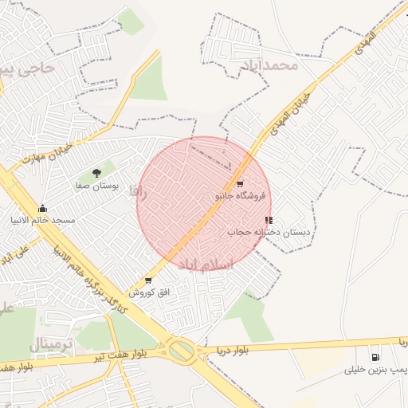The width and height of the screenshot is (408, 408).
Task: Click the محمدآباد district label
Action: point(271,65)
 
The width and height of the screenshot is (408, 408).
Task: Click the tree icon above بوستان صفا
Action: point(96,172)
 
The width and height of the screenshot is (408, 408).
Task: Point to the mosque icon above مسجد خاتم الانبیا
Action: point(42,208)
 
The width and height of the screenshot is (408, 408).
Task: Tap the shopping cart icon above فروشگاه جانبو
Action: point(240,184)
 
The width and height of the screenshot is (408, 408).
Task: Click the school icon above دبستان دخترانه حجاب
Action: point(269,220)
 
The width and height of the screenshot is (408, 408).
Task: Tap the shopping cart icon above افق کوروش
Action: point(148,280)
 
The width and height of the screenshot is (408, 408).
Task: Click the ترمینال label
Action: point(53,343)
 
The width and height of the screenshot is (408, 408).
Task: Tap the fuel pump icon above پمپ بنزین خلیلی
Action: point(375,357)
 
